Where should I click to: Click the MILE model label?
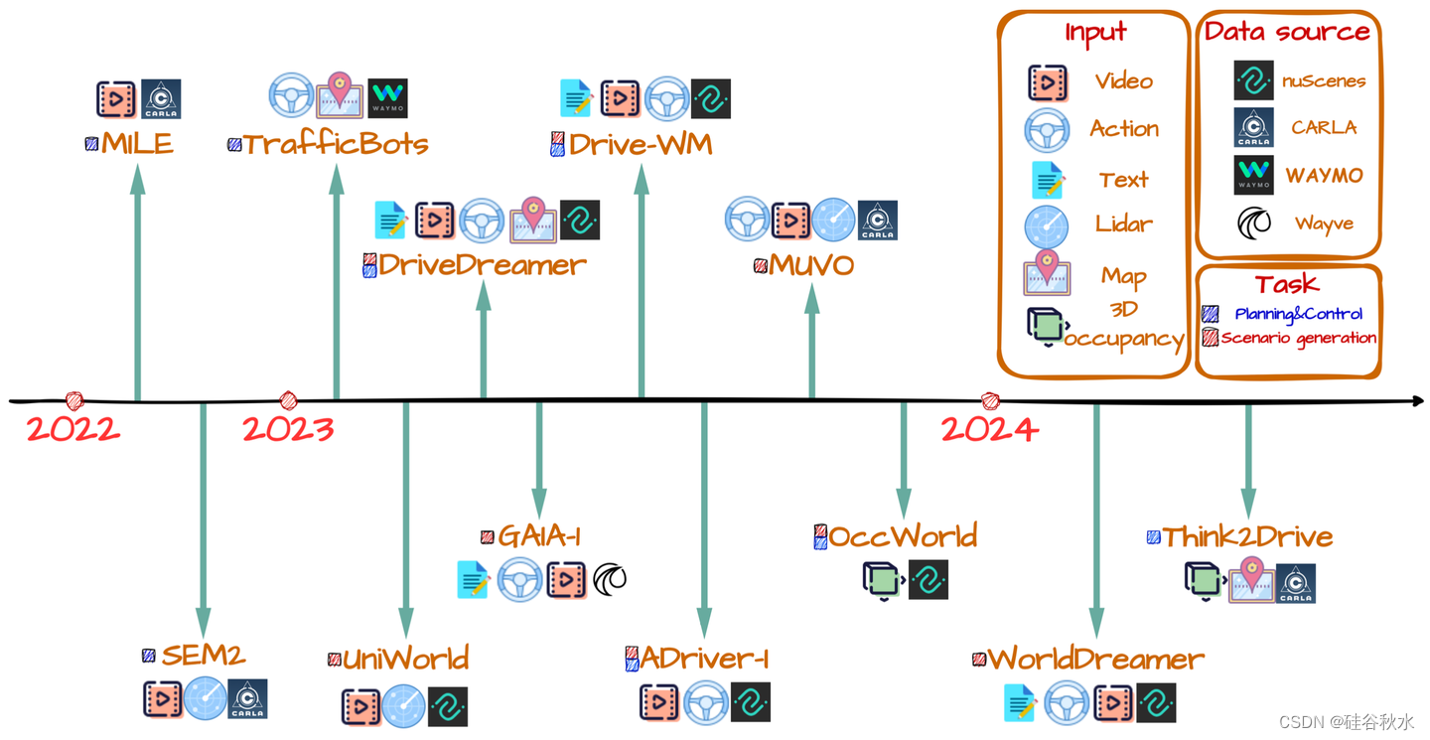(x=137, y=143)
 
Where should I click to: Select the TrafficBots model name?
(x=336, y=144)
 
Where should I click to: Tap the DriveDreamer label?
(x=483, y=265)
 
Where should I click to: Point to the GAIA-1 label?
(x=539, y=536)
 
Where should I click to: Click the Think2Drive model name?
(x=1247, y=537)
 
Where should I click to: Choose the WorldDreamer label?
(x=1095, y=659)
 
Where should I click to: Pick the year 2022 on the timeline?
(x=72, y=429)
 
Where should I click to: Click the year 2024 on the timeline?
(x=989, y=429)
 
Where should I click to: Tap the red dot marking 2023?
(x=288, y=400)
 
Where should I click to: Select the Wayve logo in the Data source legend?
(x=1254, y=222)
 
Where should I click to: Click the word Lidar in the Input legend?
(x=1124, y=223)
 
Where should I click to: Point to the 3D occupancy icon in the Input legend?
(x=1046, y=327)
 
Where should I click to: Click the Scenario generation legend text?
(x=1299, y=338)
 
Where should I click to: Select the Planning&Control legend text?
(x=1299, y=314)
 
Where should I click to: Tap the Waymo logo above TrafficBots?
(x=387, y=98)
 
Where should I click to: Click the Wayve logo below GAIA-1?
(x=610, y=578)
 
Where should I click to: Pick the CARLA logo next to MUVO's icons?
(x=878, y=221)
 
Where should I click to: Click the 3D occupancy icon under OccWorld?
(x=881, y=580)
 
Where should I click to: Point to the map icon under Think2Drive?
(x=1250, y=581)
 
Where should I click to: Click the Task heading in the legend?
(x=1287, y=284)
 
